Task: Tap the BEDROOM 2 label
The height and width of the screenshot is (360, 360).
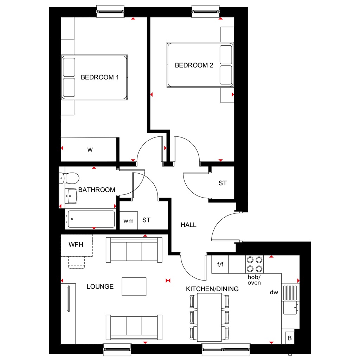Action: tap(194, 65)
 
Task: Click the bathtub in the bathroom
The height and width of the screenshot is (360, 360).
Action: tap(91, 219)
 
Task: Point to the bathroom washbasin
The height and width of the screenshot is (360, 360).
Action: tap(72, 196)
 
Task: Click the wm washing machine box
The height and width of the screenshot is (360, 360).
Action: tap(128, 221)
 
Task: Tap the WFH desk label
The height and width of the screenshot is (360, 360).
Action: tap(76, 244)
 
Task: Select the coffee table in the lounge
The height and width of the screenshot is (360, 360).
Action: tap(134, 287)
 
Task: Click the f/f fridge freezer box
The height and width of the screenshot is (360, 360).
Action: tap(220, 264)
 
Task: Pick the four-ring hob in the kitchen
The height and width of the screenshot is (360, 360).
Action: tap(255, 264)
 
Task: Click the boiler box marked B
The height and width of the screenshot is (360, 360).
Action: tap(290, 338)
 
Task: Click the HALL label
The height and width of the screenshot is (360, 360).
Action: tap(188, 225)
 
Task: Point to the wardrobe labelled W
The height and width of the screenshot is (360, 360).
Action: tap(90, 150)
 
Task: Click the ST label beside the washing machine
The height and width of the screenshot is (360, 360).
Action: tap(146, 220)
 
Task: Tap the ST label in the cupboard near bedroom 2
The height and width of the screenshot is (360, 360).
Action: tap(223, 183)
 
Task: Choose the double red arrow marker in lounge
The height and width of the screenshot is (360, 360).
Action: tap(168, 280)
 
